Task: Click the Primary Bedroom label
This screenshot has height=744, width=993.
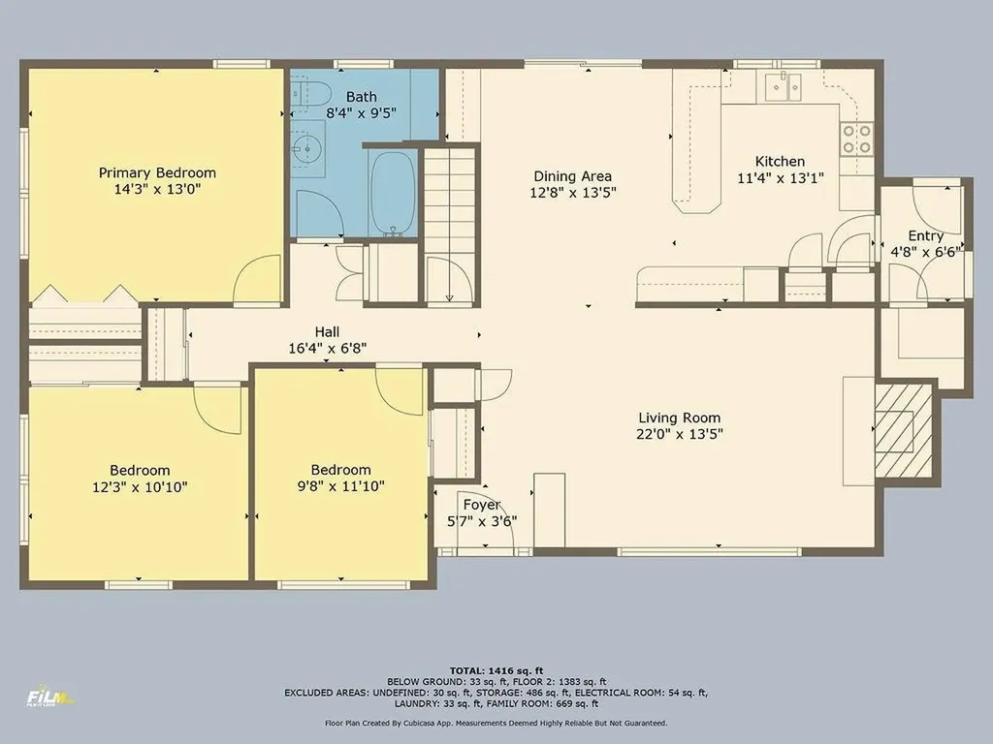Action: click(x=157, y=173)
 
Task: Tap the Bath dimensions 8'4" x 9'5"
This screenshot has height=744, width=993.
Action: click(x=361, y=113)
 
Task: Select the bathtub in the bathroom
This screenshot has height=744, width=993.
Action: click(x=393, y=191)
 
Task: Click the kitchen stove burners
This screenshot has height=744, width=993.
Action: click(x=855, y=139)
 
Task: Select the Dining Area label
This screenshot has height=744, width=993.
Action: click(x=572, y=176)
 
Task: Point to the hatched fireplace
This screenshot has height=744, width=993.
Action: click(x=903, y=430)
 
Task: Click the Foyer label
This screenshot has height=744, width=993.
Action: click(x=481, y=505)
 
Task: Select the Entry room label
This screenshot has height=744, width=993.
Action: click(x=925, y=236)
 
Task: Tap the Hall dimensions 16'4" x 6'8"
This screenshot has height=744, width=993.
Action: click(x=327, y=348)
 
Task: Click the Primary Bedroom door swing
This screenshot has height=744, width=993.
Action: click(x=259, y=281)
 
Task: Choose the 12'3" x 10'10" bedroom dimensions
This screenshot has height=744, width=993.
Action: click(x=140, y=486)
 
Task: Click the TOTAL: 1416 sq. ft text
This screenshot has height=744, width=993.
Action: click(x=496, y=670)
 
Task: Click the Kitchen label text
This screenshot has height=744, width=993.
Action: click(x=780, y=162)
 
